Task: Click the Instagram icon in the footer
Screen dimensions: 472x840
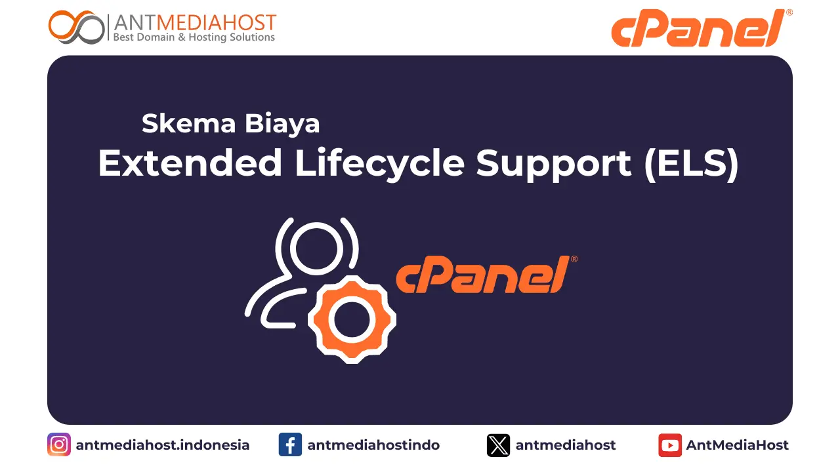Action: pyautogui.click(x=59, y=445)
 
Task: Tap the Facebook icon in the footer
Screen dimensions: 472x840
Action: pyautogui.click(x=290, y=445)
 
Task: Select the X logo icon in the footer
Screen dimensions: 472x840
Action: pyautogui.click(x=498, y=445)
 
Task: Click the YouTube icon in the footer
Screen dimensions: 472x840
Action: pyautogui.click(x=670, y=445)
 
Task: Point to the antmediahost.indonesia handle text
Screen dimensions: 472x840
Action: pyautogui.click(x=163, y=445)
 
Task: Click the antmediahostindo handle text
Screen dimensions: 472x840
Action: pyautogui.click(x=373, y=445)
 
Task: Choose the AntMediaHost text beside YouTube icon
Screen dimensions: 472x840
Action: pyautogui.click(x=738, y=445)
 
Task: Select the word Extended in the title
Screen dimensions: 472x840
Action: pyautogui.click(x=190, y=163)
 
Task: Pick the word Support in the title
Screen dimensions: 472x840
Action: pyautogui.click(x=555, y=163)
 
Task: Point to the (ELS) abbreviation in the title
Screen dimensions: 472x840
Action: pyautogui.click(x=692, y=163)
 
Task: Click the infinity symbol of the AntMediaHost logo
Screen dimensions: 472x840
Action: pyautogui.click(x=76, y=28)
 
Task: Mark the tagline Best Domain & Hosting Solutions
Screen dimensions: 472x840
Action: pyautogui.click(x=194, y=37)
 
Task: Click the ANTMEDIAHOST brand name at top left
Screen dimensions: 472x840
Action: pyautogui.click(x=194, y=22)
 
